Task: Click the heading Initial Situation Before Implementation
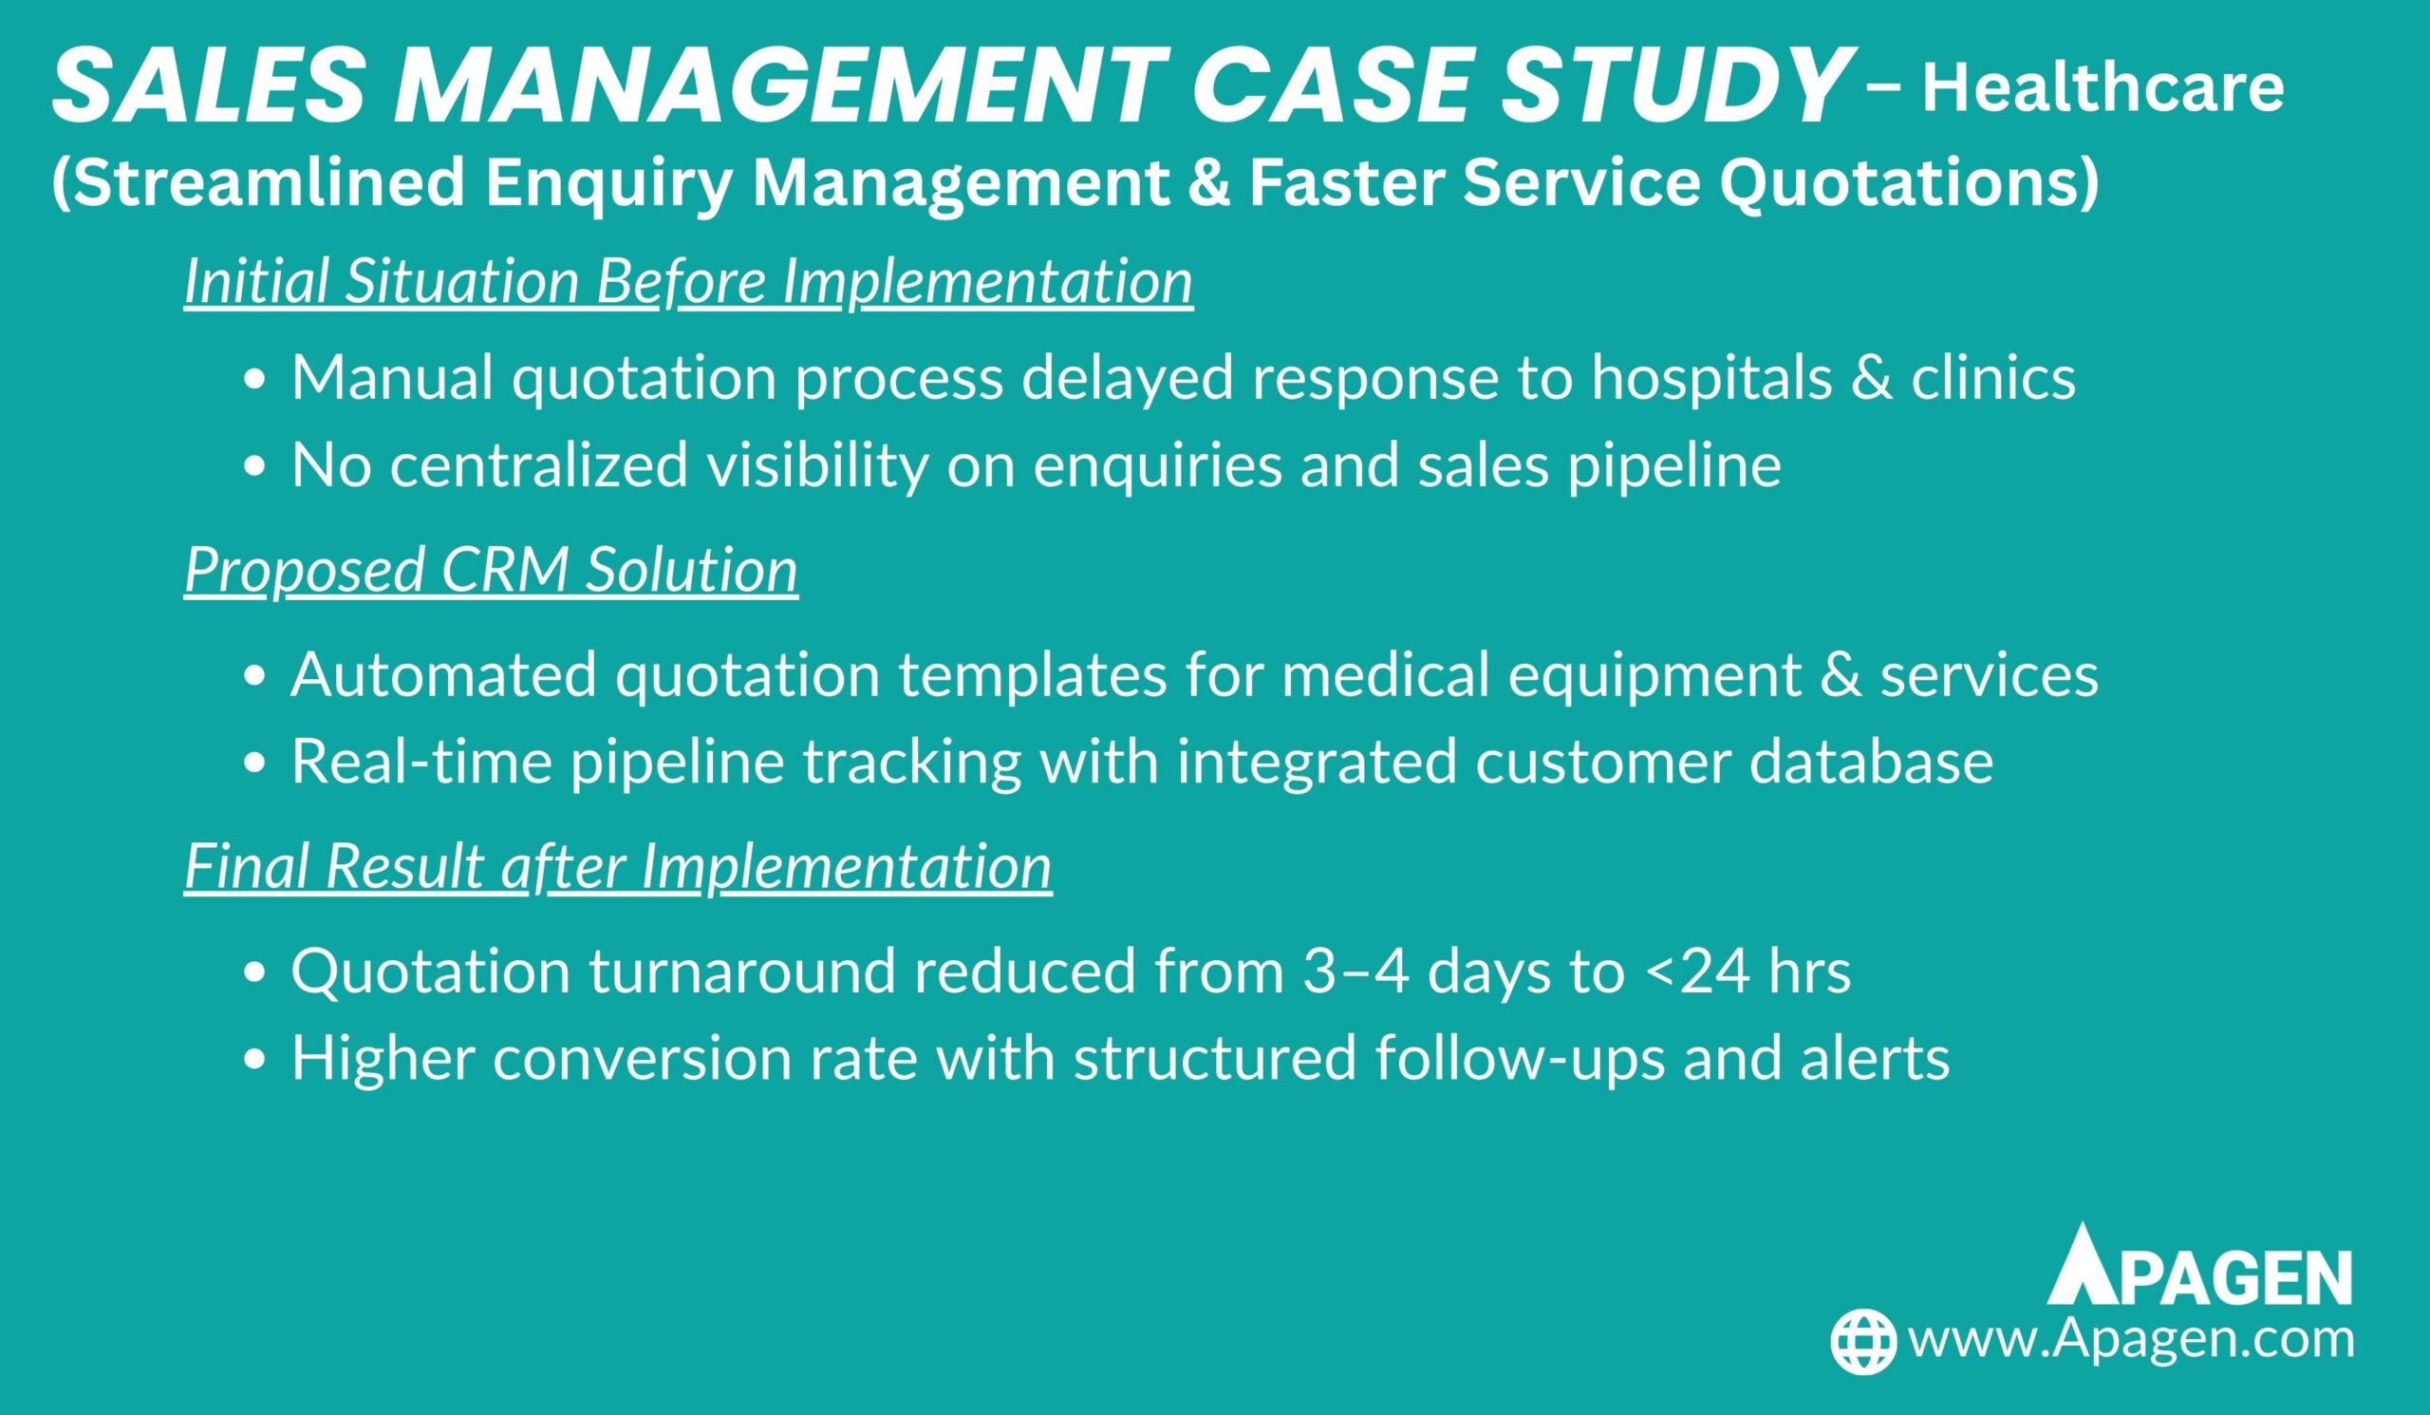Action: [688, 282]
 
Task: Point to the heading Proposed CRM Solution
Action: [491, 569]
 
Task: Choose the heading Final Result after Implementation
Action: [618, 865]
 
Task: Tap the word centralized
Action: [539, 465]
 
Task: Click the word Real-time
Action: [421, 761]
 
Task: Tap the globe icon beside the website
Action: [1864, 1341]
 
